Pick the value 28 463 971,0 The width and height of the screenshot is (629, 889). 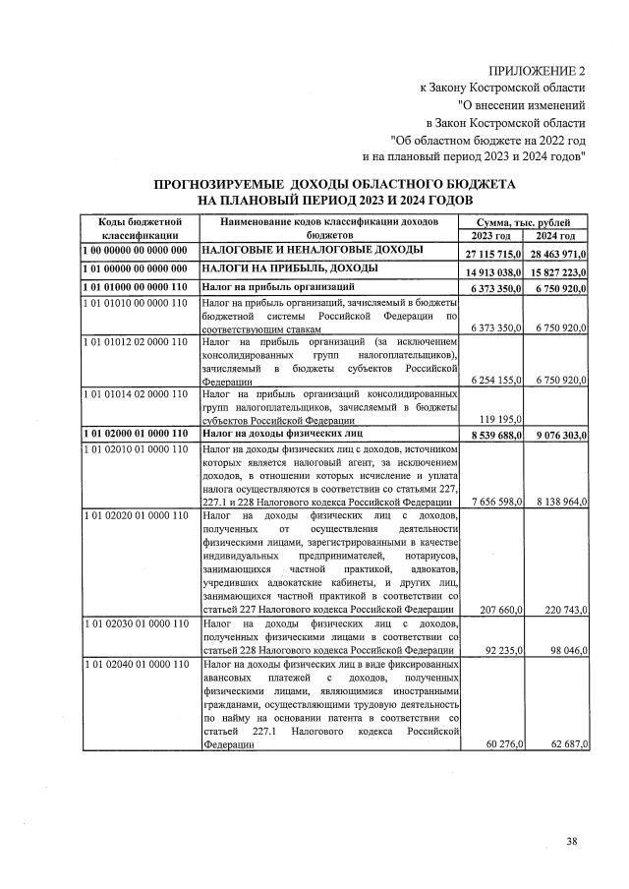click(x=557, y=254)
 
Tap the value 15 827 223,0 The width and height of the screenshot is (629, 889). click(x=557, y=270)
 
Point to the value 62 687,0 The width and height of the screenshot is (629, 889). click(x=565, y=744)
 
